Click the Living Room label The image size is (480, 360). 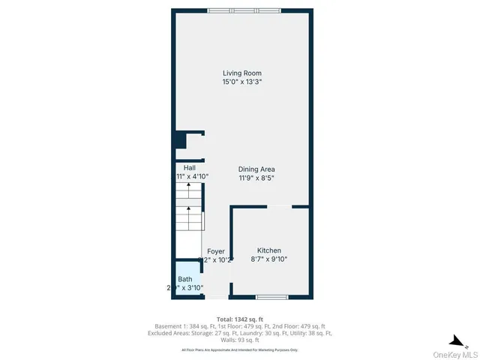click(241, 73)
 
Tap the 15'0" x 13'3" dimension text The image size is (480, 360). click(241, 82)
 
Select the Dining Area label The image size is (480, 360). click(256, 169)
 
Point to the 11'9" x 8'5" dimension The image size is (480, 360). click(256, 178)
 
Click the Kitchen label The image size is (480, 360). click(270, 250)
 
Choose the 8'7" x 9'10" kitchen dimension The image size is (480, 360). click(270, 259)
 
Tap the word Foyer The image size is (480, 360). click(215, 251)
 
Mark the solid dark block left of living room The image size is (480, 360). click(180, 140)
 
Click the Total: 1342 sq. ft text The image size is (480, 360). click(241, 318)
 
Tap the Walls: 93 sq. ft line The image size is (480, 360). click(241, 339)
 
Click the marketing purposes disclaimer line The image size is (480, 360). click(241, 349)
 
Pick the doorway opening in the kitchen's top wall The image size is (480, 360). click(278, 206)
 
